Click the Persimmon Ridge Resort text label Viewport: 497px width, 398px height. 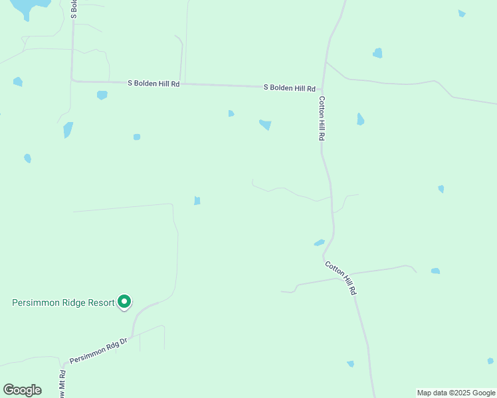63,302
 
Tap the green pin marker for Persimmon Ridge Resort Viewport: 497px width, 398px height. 124,302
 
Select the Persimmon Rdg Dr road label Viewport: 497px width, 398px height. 98,351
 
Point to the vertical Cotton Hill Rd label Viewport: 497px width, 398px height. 322,118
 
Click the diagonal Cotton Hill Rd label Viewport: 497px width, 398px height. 341,278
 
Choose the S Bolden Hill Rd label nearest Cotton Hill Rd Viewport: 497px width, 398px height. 289,88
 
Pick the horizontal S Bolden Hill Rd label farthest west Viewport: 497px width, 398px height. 153,84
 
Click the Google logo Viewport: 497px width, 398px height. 22,390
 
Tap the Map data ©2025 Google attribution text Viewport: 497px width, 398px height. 456,393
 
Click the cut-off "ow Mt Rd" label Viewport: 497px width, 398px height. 61,385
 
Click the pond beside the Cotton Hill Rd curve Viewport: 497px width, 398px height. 319,243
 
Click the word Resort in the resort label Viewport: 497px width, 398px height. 98,302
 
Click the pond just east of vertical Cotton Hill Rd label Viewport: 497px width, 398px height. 360,119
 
